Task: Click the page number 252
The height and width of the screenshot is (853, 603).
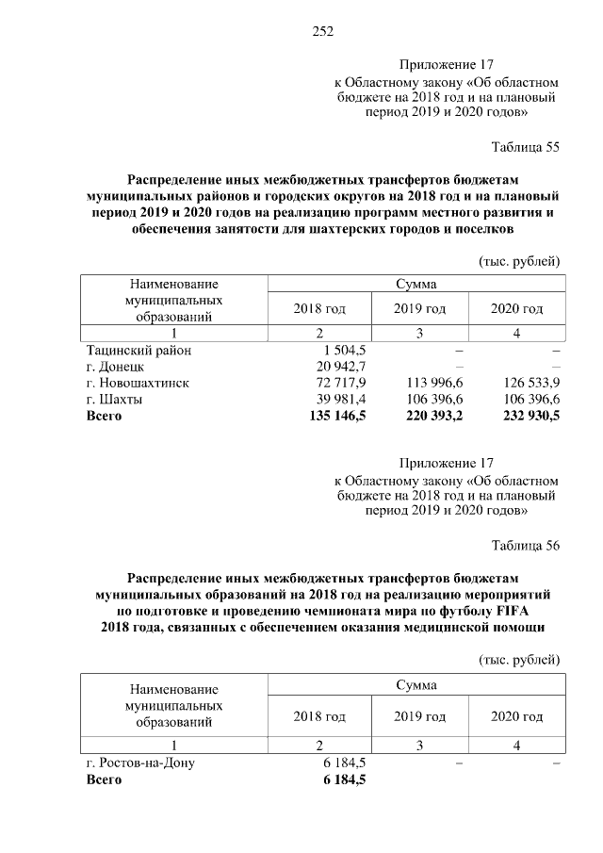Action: click(x=323, y=30)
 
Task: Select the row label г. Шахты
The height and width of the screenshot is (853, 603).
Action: click(x=114, y=399)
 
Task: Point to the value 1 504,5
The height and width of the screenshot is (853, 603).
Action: click(x=345, y=350)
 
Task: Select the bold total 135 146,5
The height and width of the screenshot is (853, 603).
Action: click(x=337, y=416)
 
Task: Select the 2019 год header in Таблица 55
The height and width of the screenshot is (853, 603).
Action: click(x=419, y=308)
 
